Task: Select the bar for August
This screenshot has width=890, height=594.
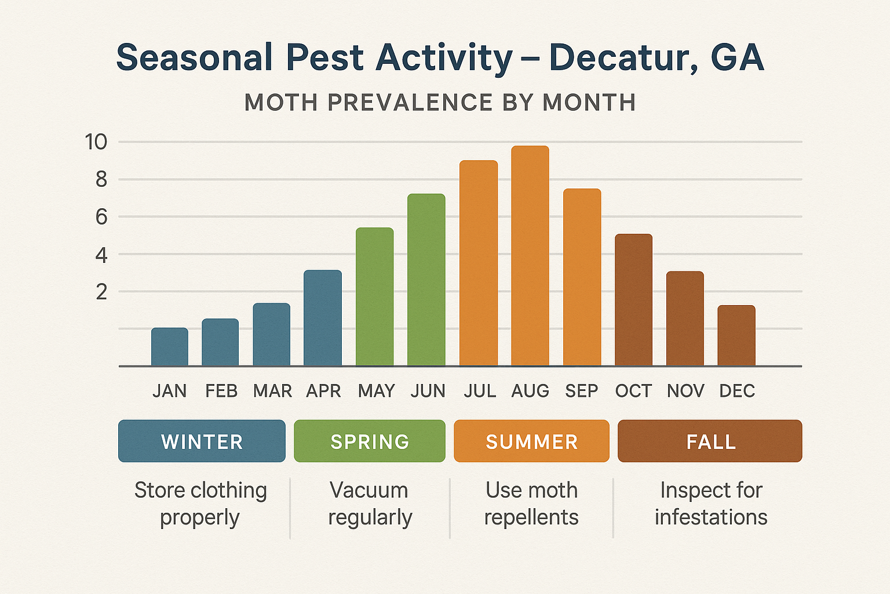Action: pos(530,256)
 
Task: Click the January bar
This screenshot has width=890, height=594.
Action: pos(170,347)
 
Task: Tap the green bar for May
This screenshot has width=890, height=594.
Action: pos(374,296)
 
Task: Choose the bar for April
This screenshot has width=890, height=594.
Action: pos(323,318)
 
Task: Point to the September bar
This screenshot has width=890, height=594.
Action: pos(582,277)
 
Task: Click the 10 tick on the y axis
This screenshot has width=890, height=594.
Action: pos(96,142)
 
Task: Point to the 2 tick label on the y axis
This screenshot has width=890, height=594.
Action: pos(102,292)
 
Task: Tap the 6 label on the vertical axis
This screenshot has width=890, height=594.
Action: pos(102,217)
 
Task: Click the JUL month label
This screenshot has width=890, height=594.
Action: pos(480,391)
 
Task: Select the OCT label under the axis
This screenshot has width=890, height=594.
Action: pos(633,391)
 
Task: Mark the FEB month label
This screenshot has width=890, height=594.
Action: pos(221,391)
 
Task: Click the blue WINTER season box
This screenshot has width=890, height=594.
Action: pos(202,441)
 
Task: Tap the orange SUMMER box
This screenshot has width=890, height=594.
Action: pos(531,441)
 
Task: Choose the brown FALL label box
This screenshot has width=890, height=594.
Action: pos(710,441)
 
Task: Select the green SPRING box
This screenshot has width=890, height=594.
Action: pos(370,441)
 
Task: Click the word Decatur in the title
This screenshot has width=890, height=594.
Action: pos(623,58)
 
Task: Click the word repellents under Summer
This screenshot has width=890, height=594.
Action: pos(531,517)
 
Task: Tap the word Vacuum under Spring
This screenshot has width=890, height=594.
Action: pos(369,490)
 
